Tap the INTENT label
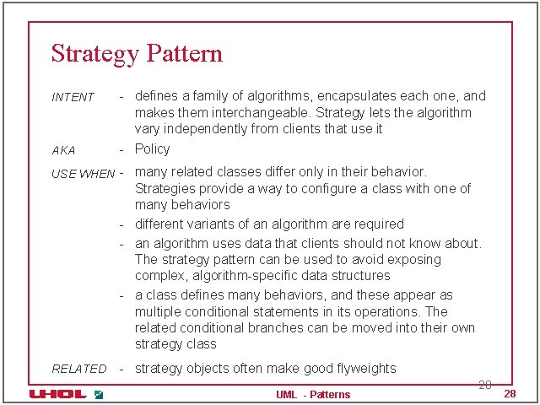pos(73,97)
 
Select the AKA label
pos(63,150)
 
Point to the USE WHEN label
pos(83,174)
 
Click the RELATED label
pos(79,369)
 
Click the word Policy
pos(153,148)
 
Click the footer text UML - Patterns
pos(313,394)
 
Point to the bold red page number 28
pos(509,394)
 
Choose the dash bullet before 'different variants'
pos(122,224)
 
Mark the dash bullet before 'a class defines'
pos(122,295)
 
